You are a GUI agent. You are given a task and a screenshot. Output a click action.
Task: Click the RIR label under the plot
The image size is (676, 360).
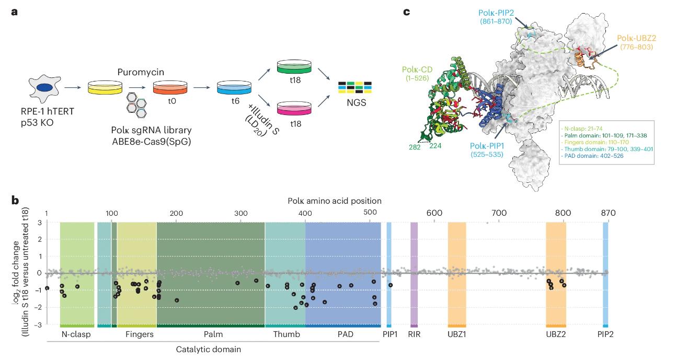click(x=414, y=334)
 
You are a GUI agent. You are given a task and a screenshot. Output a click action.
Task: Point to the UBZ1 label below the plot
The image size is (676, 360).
click(x=457, y=334)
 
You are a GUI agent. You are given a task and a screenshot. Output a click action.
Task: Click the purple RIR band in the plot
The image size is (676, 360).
click(x=414, y=272)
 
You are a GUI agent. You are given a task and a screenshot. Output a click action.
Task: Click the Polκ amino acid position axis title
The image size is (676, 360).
click(x=334, y=200)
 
